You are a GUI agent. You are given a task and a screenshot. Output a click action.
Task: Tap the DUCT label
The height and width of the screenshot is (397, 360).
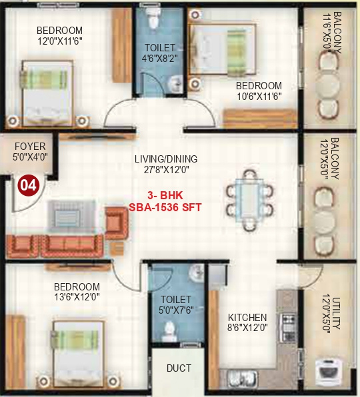[179, 368]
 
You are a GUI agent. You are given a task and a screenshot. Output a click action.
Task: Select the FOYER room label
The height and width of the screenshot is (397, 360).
[29, 147]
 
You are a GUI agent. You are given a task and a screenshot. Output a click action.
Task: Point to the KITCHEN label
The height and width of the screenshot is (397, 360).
[247, 318]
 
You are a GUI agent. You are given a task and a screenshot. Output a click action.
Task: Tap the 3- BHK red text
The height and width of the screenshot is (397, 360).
[165, 197]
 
